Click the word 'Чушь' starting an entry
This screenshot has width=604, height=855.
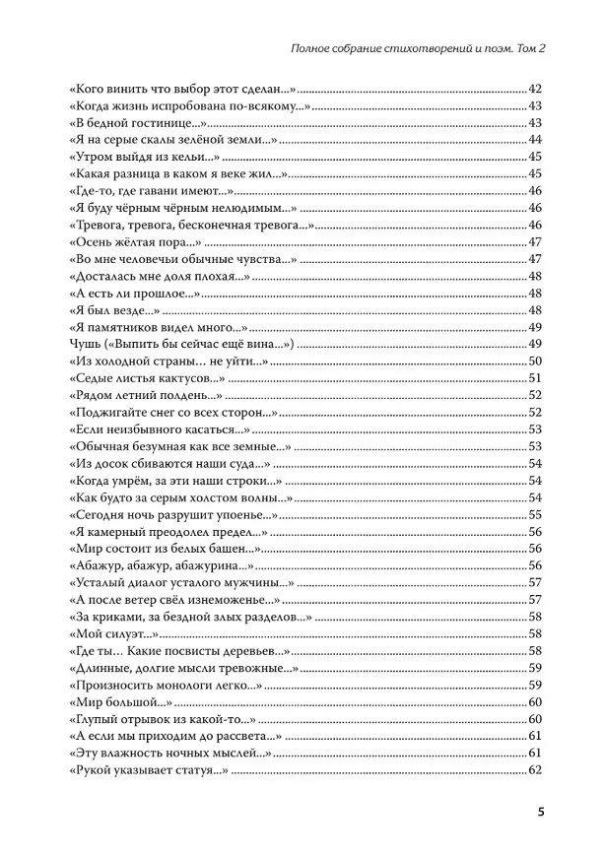[x=86, y=345]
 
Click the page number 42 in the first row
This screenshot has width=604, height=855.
[x=536, y=89]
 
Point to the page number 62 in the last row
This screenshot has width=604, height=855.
[x=536, y=770]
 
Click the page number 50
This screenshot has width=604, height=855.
[x=536, y=362]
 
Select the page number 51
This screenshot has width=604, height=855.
[x=536, y=378]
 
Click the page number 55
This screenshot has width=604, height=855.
[x=536, y=514]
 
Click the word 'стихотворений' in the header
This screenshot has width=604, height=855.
[x=394, y=50]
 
